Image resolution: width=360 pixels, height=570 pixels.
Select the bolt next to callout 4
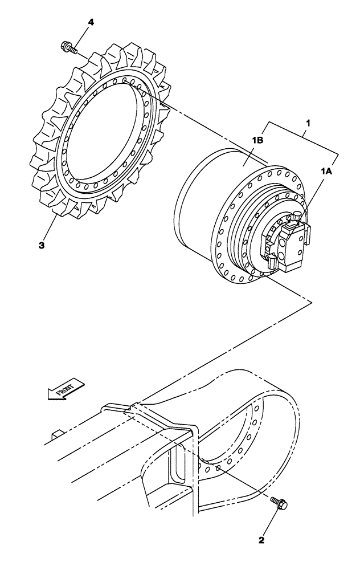(x=68, y=48)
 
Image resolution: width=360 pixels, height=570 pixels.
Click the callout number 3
(x=42, y=246)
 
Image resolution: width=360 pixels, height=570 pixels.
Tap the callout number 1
(x=308, y=123)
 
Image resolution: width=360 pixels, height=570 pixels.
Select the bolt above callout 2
(x=281, y=503)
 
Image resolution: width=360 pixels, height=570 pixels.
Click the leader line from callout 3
(x=49, y=230)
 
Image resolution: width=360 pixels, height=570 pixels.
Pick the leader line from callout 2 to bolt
(x=271, y=519)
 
